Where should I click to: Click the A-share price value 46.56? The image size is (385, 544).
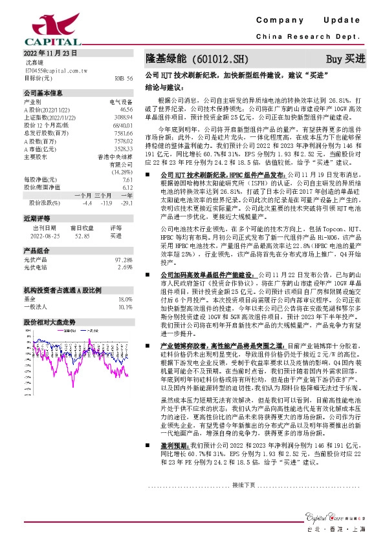coord(126,110)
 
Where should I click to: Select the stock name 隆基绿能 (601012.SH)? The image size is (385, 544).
coord(188,59)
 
